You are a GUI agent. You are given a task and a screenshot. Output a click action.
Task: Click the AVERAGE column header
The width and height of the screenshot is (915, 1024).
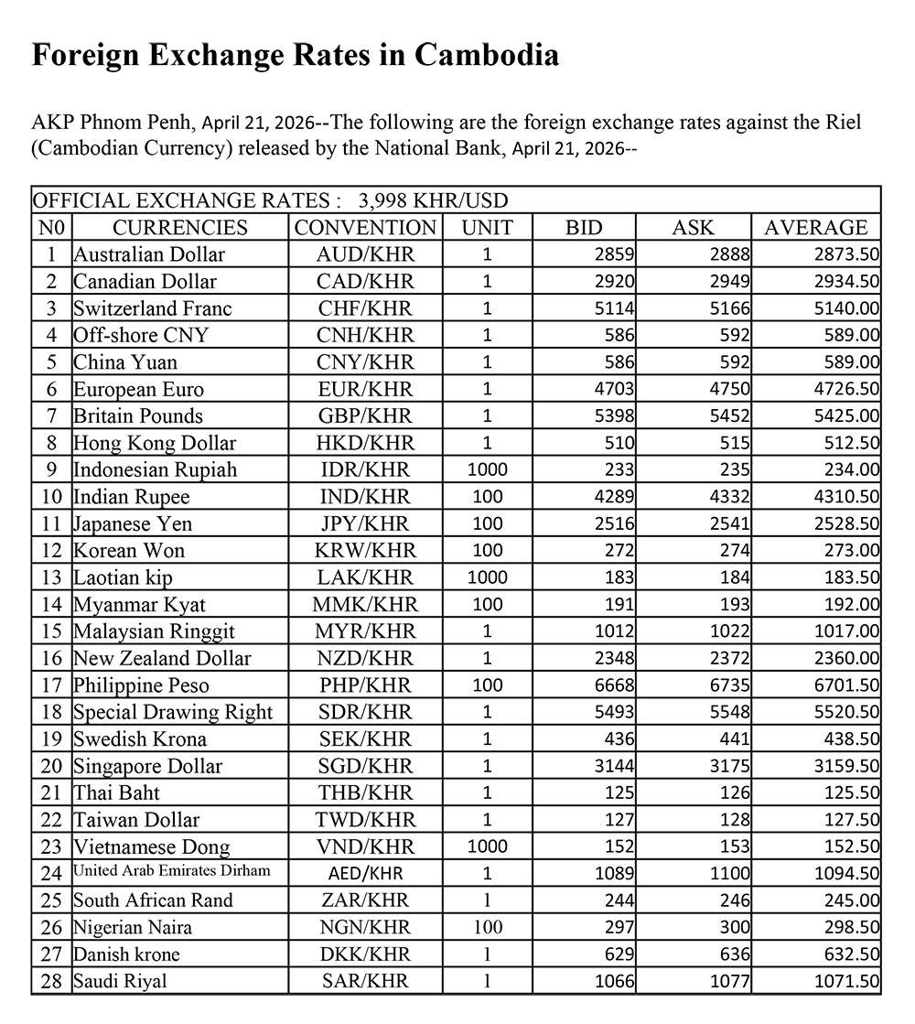tap(815, 227)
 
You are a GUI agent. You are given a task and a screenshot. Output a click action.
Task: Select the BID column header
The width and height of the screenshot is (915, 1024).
tap(585, 227)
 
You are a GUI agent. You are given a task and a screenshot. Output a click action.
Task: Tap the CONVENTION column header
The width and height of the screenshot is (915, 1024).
tap(365, 227)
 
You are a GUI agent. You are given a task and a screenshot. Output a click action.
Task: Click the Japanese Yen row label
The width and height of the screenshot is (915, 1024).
tap(133, 523)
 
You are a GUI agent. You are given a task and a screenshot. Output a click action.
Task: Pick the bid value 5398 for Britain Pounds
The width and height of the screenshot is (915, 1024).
tap(613, 416)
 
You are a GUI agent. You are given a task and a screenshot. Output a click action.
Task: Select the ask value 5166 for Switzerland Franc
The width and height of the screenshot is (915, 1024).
tap(728, 308)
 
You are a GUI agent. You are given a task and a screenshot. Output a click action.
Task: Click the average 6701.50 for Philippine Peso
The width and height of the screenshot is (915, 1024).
tap(846, 685)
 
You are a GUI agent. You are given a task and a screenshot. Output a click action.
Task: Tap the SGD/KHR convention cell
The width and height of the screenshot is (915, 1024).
tap(365, 766)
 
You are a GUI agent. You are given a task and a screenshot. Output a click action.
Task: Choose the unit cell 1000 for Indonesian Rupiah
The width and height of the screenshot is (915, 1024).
tap(487, 470)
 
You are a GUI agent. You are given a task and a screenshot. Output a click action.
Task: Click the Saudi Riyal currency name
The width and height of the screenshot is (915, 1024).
tap(121, 981)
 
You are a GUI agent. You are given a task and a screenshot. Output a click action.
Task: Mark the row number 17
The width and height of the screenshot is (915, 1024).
tap(52, 685)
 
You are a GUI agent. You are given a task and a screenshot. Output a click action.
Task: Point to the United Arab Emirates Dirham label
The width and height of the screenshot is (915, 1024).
tap(172, 870)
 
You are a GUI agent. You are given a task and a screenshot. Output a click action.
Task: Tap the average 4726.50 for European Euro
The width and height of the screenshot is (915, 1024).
tap(846, 389)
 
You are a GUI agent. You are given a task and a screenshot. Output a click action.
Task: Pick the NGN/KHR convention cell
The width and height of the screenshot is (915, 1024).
tap(365, 928)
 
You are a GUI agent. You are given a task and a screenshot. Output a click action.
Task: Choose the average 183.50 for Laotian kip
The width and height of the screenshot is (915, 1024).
tap(850, 577)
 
